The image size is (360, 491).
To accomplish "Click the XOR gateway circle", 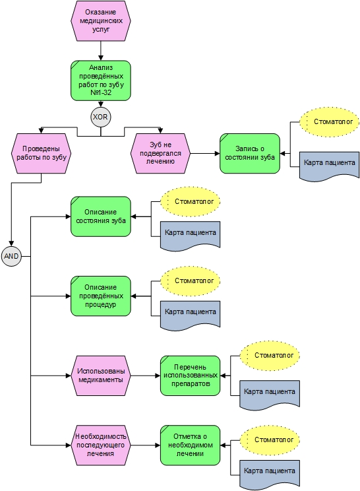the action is (x=101, y=117).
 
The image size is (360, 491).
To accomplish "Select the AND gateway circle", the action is (x=12, y=256).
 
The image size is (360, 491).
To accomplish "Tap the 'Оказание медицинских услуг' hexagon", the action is (x=101, y=20).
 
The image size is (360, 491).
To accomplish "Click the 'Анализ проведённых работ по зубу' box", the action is (x=101, y=81).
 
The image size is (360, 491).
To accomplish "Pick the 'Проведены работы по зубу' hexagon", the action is (x=42, y=153).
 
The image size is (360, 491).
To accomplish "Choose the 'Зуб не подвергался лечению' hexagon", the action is (x=160, y=153).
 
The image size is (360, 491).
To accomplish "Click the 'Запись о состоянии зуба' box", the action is (x=250, y=153).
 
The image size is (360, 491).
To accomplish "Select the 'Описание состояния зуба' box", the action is (x=101, y=216).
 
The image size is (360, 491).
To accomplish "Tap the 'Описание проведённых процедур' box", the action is (x=101, y=296).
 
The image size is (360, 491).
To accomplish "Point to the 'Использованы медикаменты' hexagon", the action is (x=101, y=376).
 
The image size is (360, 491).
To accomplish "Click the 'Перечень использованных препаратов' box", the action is (x=190, y=376).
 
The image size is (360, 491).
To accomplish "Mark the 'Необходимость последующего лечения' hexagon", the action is (x=101, y=445).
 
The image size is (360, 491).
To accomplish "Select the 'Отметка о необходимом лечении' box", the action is (x=190, y=445).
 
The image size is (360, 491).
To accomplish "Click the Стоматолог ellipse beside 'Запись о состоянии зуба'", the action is (x=330, y=122).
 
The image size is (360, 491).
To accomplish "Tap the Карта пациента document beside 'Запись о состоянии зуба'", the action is (x=330, y=166).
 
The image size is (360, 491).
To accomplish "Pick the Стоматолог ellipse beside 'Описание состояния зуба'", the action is (x=190, y=202).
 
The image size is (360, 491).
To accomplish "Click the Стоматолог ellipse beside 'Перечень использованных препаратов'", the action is (x=270, y=356).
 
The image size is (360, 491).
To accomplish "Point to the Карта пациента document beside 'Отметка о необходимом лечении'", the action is (x=270, y=474).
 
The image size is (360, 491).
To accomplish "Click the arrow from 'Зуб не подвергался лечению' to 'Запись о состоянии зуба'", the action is (x=205, y=153).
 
